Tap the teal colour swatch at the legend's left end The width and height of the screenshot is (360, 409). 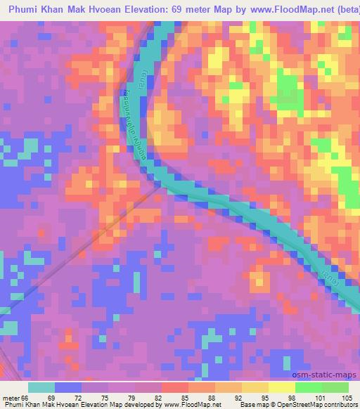click(41, 387)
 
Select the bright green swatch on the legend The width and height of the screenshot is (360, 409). click(309, 387)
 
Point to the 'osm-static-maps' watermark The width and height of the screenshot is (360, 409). click(330, 376)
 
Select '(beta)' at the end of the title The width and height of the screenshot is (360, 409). click(343, 6)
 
